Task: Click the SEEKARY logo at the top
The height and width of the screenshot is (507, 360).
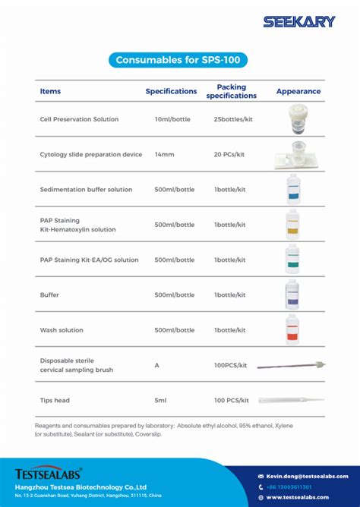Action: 298,22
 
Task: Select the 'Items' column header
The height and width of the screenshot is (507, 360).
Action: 50,91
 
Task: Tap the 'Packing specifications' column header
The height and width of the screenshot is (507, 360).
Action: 231,91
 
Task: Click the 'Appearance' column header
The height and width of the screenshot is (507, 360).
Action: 298,91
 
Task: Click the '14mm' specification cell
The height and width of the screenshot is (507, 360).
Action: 164,154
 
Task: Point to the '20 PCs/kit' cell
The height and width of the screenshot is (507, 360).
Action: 229,154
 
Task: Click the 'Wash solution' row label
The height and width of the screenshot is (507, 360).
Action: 62,330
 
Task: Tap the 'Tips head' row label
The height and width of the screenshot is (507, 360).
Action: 55,399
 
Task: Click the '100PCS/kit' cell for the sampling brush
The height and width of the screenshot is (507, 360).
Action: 231,365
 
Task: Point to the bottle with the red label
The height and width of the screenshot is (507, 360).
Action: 292,329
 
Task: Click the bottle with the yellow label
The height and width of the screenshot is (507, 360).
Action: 292,224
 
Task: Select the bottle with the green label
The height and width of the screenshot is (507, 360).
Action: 292,259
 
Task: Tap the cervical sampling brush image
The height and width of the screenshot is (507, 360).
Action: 291,365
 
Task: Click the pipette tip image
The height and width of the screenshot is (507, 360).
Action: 290,399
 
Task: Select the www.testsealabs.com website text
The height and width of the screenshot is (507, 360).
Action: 297,497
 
